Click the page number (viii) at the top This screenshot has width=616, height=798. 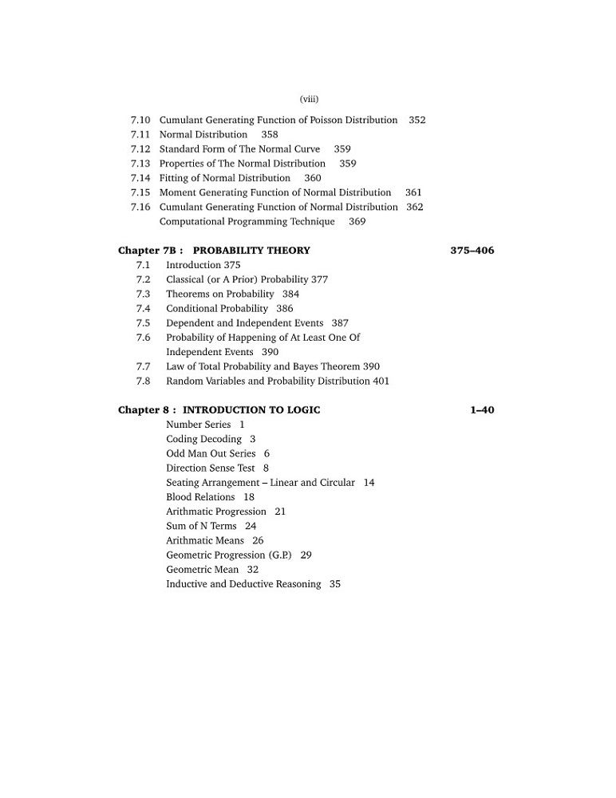click(309, 99)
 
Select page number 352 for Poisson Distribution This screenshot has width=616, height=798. click(417, 120)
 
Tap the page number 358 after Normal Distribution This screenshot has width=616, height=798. click(270, 135)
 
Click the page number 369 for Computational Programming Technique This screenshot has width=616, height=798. click(357, 222)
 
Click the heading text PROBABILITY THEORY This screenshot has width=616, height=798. click(251, 251)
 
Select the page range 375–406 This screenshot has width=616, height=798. click(472, 251)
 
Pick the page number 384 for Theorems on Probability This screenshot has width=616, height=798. click(291, 294)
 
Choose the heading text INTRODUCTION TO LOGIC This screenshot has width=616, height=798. click(251, 410)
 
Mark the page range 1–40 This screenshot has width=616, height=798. click(482, 410)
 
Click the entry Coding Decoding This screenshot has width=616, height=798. click(203, 440)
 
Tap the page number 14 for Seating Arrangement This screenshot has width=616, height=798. click(369, 483)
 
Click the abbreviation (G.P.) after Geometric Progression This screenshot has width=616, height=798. click(280, 555)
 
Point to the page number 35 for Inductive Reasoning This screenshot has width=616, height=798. click(335, 584)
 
